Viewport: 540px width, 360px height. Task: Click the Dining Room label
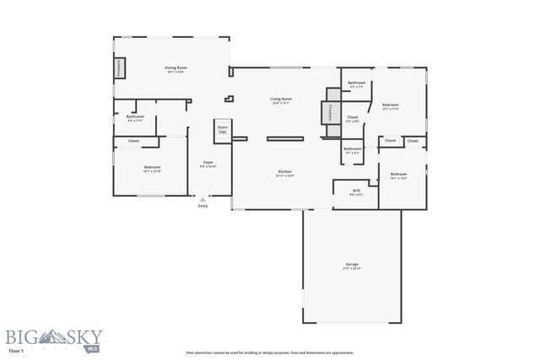click(175, 68)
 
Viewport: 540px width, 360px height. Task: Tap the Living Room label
click(280, 100)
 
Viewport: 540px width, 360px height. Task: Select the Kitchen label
click(285, 173)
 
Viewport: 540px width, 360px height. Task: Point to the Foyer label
click(208, 164)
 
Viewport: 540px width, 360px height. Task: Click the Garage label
click(352, 266)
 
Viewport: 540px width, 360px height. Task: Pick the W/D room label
click(356, 191)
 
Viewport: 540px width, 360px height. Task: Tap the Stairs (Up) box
click(223, 130)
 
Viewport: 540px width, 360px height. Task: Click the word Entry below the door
click(202, 206)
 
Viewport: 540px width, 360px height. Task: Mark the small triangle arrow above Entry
click(202, 199)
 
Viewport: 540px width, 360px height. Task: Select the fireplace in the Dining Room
click(120, 68)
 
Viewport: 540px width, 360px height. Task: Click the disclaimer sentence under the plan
click(269, 352)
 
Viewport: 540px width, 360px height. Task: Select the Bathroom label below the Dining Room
click(135, 117)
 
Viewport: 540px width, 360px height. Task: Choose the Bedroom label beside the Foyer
click(152, 168)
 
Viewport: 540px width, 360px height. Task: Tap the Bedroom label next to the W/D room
click(399, 175)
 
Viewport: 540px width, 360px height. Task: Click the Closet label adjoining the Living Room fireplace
click(353, 118)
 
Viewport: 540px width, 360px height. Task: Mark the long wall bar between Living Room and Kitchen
click(285, 137)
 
